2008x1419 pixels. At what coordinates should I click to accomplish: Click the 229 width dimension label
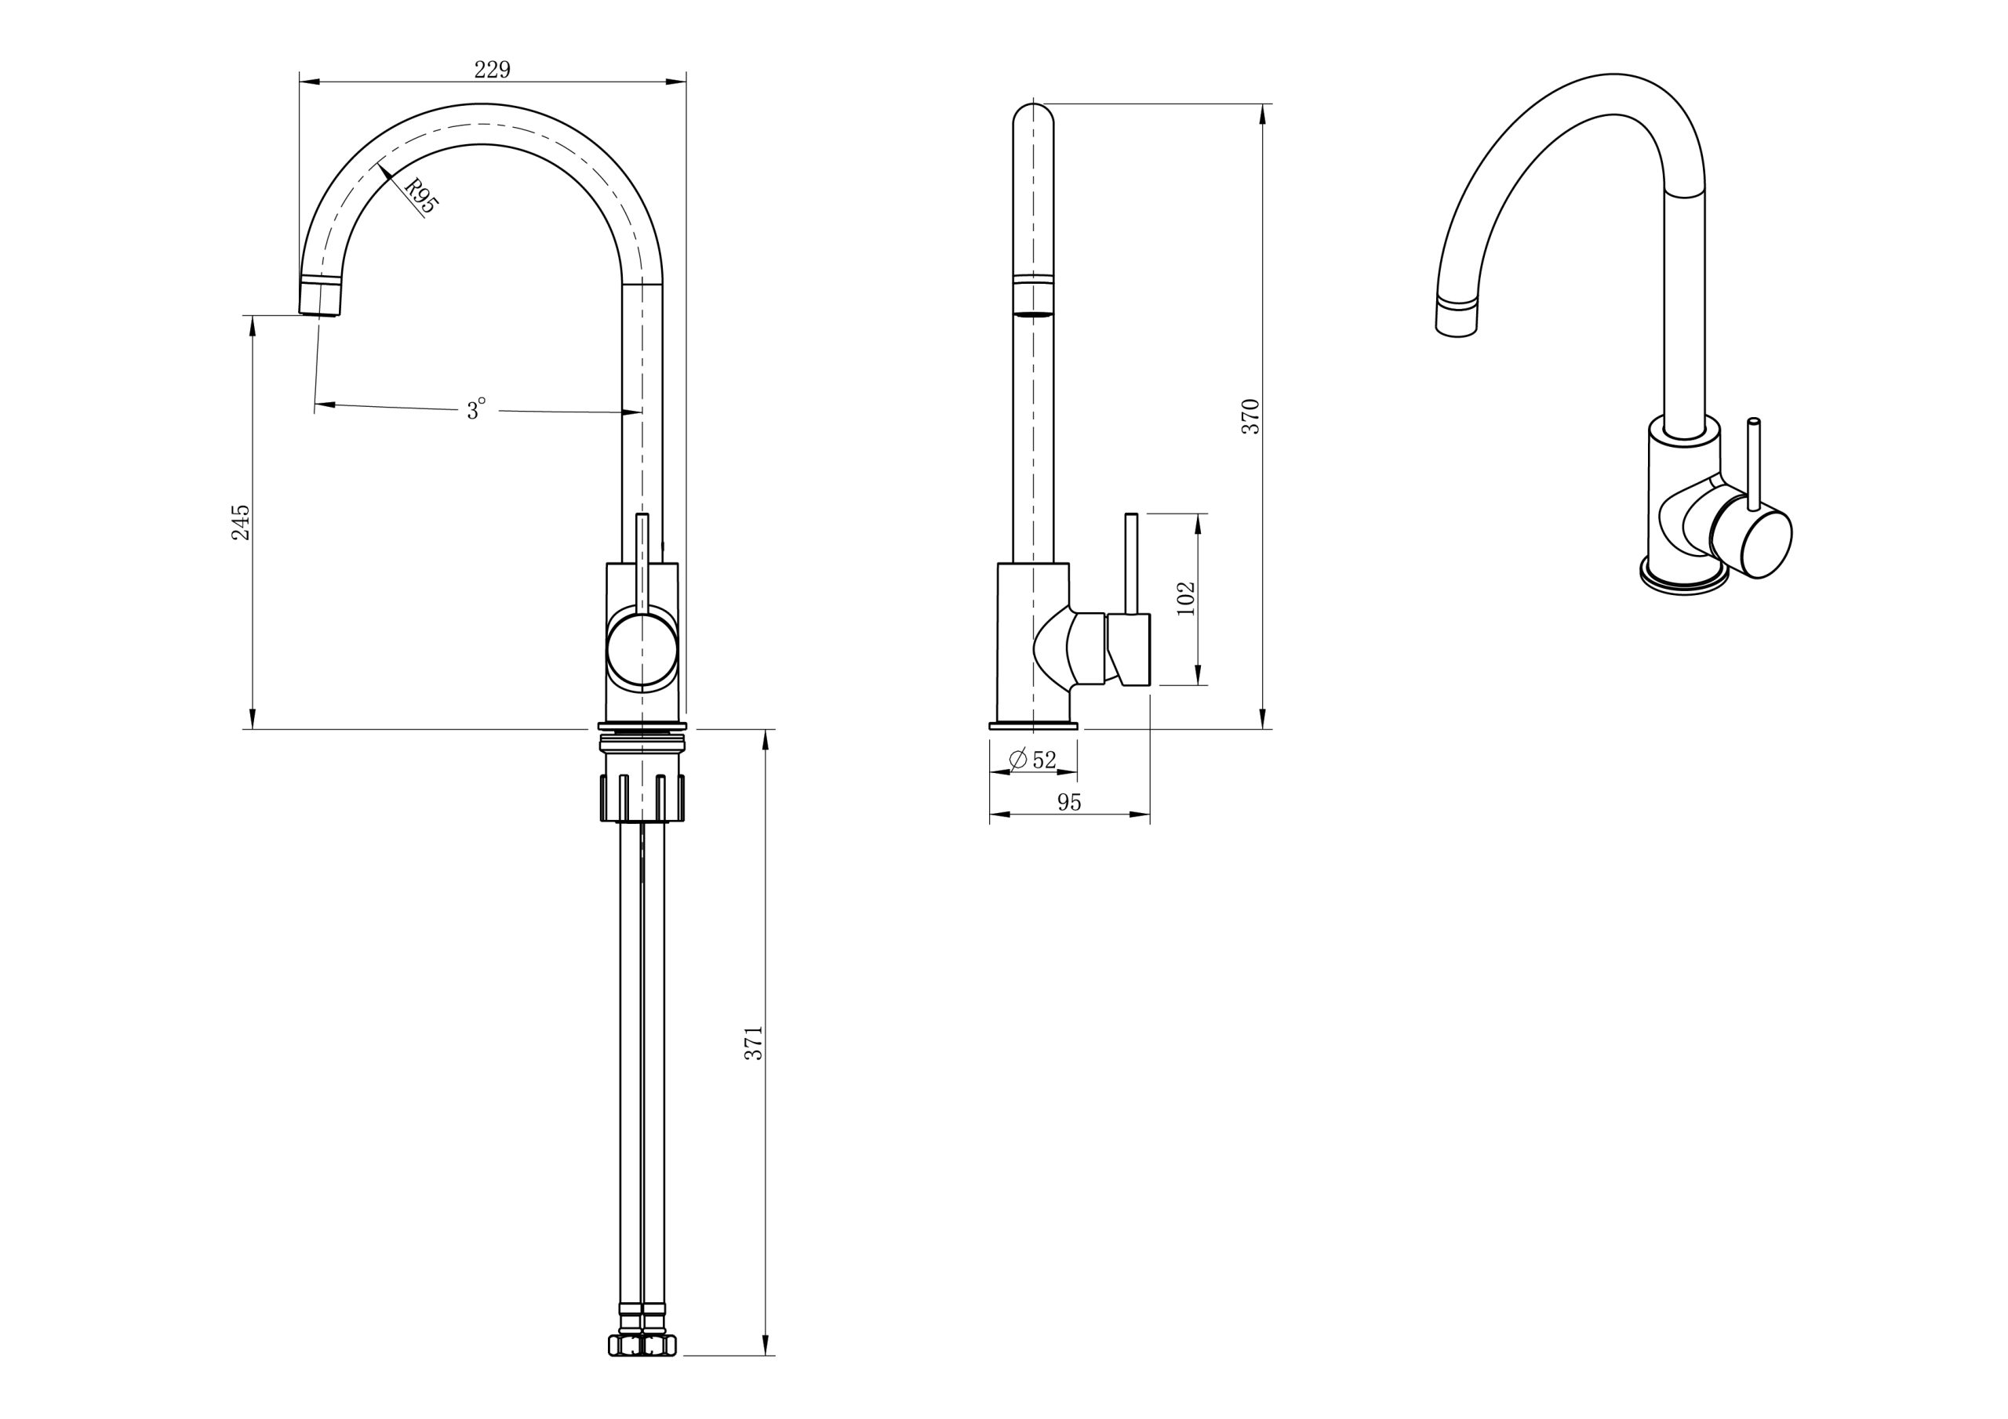pyautogui.click(x=493, y=70)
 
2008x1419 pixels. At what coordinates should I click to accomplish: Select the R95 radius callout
pyautogui.click(x=420, y=196)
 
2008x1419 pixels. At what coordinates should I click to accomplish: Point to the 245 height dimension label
pyautogui.click(x=241, y=522)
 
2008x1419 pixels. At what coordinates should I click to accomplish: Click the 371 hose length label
pyautogui.click(x=754, y=1043)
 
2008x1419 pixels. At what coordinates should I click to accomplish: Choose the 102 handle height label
pyautogui.click(x=1186, y=599)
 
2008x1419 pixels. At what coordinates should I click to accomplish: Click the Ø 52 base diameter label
pyautogui.click(x=1033, y=760)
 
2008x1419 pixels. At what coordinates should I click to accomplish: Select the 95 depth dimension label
pyautogui.click(x=1069, y=803)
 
